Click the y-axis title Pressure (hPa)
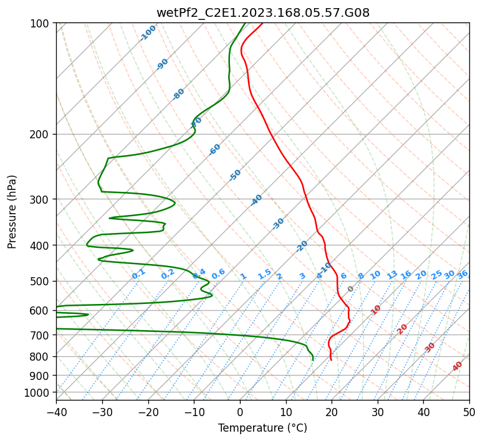[x=12, y=212]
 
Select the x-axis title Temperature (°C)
[x=262, y=429]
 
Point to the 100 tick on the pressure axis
[x=41, y=24]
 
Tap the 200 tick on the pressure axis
[x=41, y=135]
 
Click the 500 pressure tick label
[x=41, y=282]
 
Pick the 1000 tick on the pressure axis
[x=38, y=392]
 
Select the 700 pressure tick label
[x=41, y=335]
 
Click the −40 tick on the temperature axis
[x=56, y=412]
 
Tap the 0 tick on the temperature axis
[x=240, y=412]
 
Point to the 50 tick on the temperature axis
[x=469, y=412]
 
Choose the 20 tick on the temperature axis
[x=332, y=412]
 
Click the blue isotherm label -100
[x=148, y=33]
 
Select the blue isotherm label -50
[x=235, y=175]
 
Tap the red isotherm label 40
[x=457, y=366]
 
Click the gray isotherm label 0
[x=351, y=289]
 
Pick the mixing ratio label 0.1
[x=138, y=273]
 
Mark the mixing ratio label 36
[x=462, y=275]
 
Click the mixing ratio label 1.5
[x=265, y=274]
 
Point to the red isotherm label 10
[x=376, y=310]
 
